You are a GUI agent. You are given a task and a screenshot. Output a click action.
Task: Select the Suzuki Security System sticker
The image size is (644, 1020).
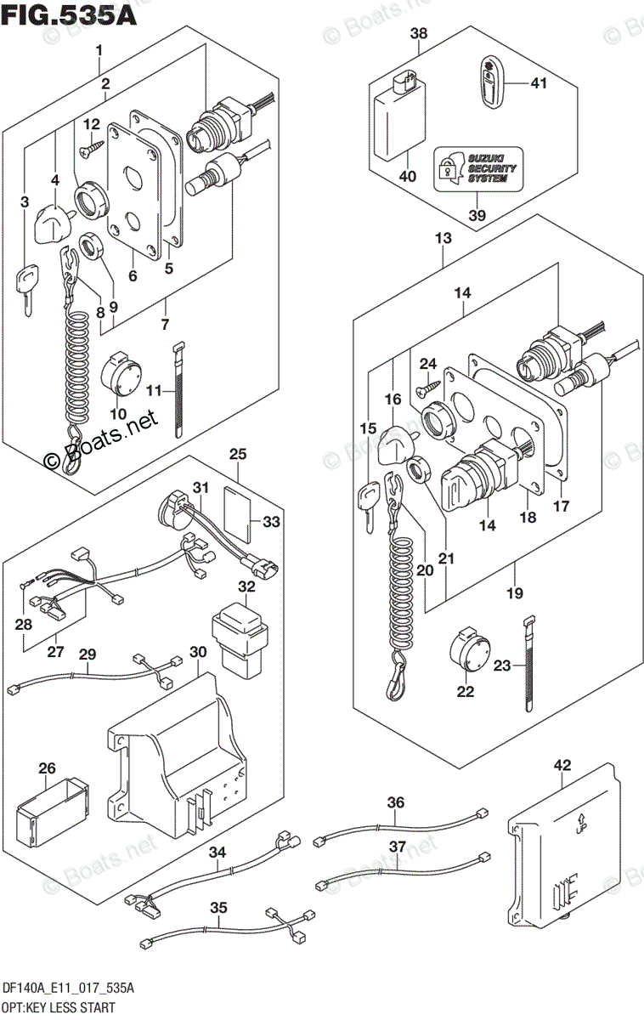(477, 168)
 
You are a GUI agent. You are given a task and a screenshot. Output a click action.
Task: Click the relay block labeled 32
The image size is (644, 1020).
(240, 637)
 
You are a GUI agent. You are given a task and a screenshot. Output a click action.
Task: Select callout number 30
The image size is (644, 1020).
(197, 652)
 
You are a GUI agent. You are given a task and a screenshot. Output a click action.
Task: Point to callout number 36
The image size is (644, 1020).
(396, 802)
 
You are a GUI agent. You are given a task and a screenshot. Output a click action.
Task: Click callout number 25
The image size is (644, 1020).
(238, 455)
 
